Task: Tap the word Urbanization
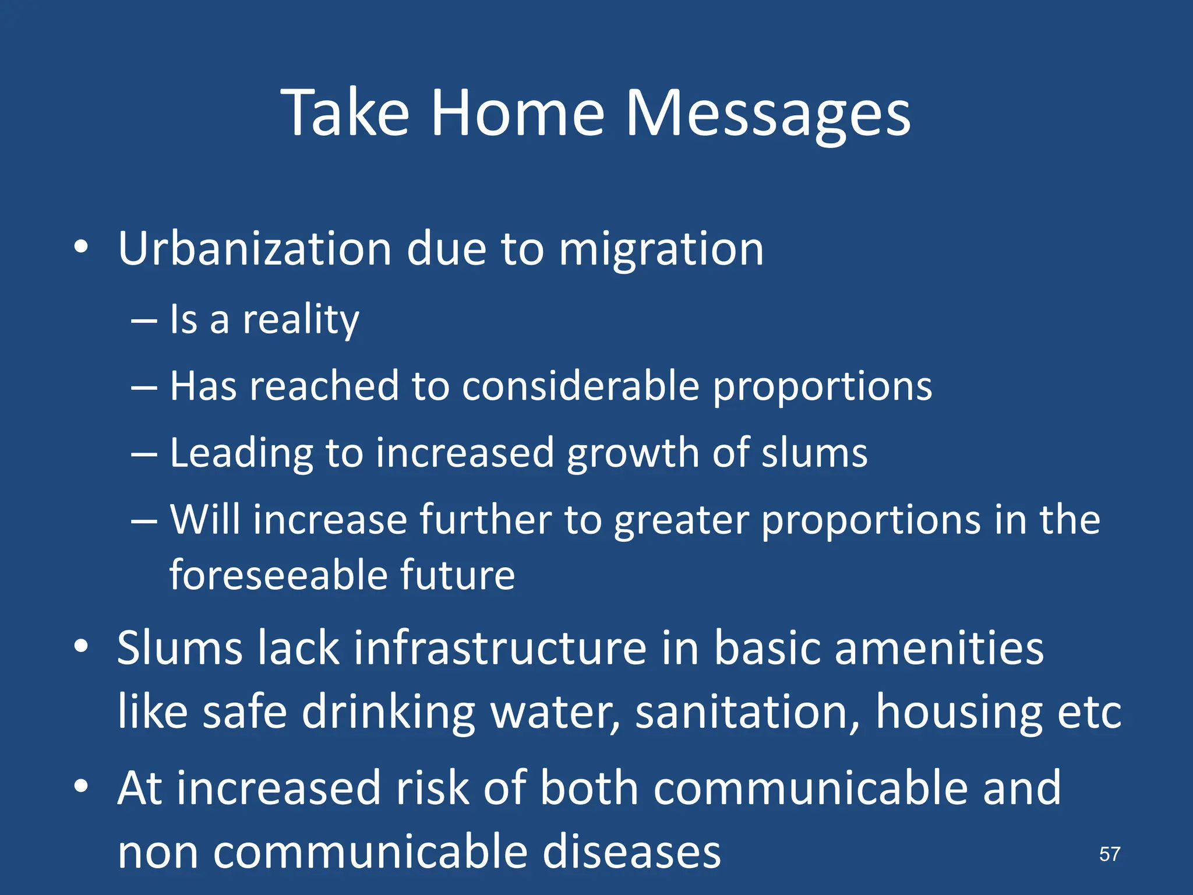click(255, 249)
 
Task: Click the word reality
click(301, 320)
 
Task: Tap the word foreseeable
click(278, 575)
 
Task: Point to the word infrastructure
click(500, 648)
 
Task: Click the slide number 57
click(1109, 854)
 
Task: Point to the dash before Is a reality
click(144, 321)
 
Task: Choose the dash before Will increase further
click(144, 521)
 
